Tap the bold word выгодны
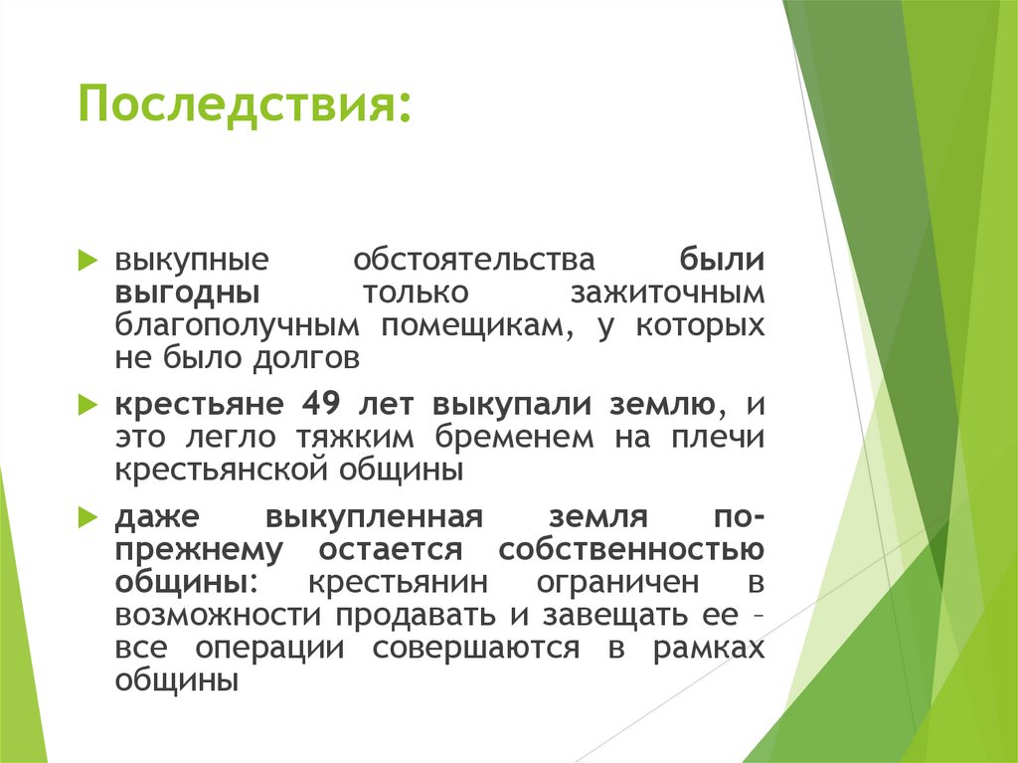click(188, 293)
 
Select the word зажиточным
click(667, 293)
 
